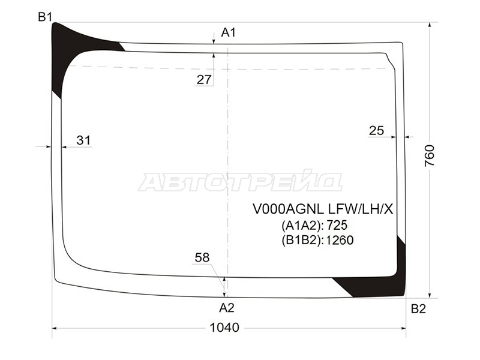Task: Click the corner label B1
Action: [x=45, y=17]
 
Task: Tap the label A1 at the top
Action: [x=229, y=32]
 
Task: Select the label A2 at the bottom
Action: [x=227, y=308]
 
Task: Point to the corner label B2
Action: [x=418, y=309]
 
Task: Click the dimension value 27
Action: [x=204, y=80]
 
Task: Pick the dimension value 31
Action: [x=83, y=140]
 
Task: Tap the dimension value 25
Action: [x=376, y=130]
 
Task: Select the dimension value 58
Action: [x=202, y=257]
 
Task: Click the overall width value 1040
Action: [x=224, y=328]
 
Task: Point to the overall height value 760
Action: [x=429, y=155]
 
